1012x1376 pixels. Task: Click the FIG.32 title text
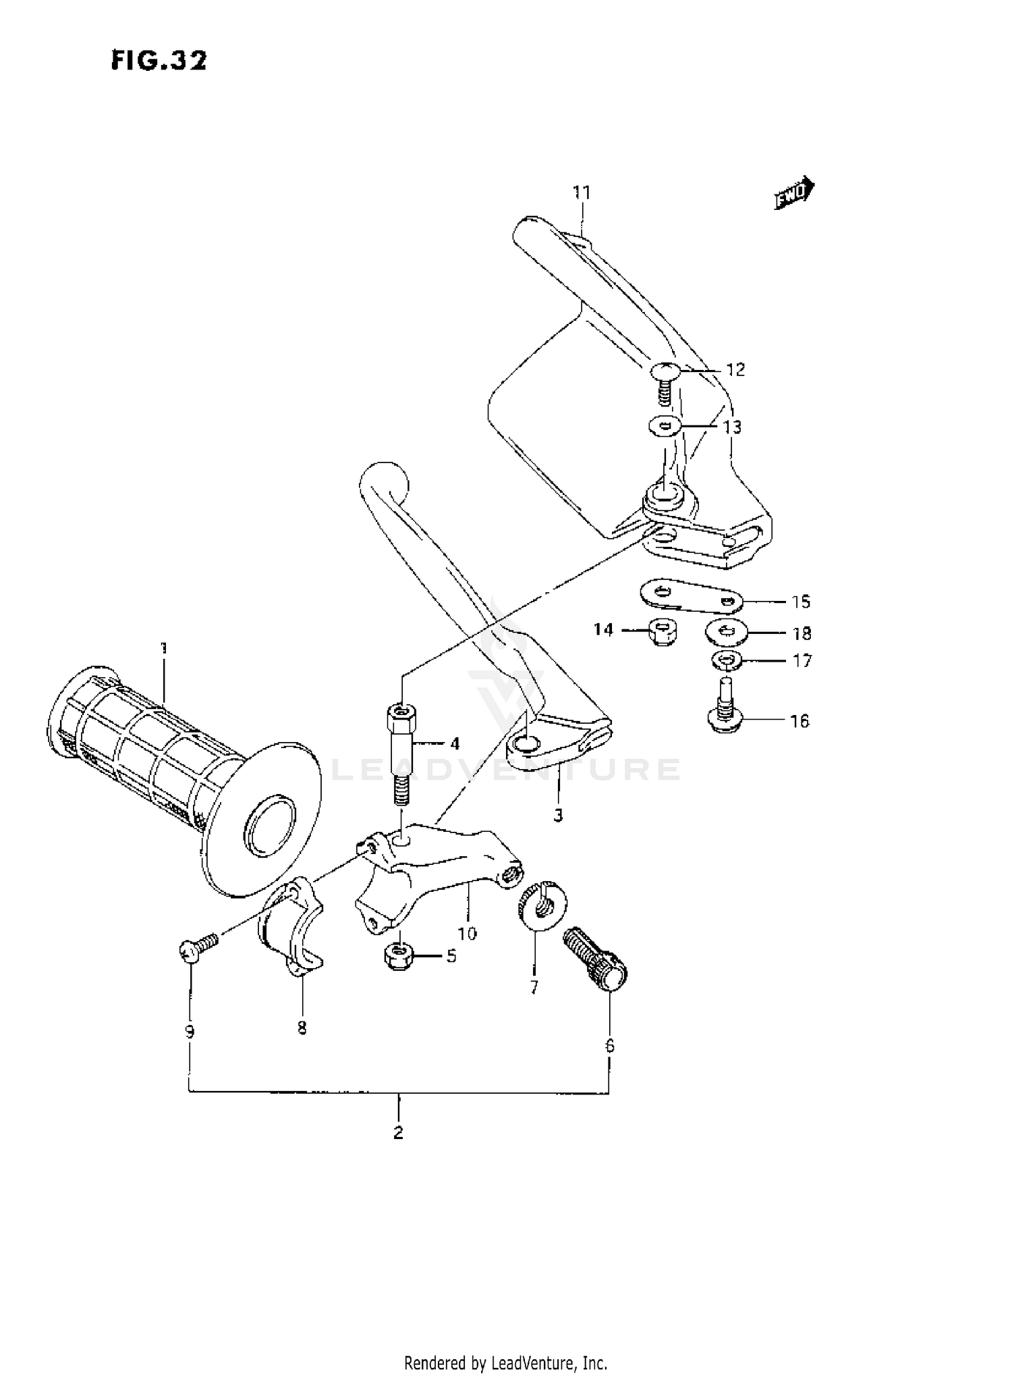[159, 61]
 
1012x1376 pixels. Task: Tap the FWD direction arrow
[794, 195]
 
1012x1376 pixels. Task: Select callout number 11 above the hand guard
[582, 192]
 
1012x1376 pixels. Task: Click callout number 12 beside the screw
[735, 369]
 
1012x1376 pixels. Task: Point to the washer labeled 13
[664, 426]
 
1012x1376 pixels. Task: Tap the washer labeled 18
[725, 632]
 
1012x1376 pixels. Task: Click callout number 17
[802, 660]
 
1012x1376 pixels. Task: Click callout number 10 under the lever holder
[467, 934]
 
